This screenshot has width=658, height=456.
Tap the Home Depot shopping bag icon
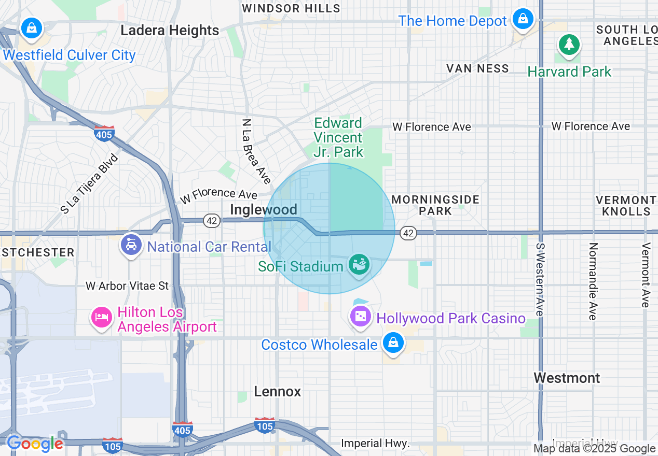tap(523, 19)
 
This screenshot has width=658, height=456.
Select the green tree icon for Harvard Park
tap(569, 44)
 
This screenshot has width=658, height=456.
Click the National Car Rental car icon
tap(131, 245)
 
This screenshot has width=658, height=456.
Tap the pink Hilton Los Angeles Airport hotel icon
tap(101, 317)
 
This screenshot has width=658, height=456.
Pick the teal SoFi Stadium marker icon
tap(359, 265)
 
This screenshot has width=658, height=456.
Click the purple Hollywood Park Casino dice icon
tap(361, 316)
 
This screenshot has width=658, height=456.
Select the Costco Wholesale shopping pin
tap(394, 343)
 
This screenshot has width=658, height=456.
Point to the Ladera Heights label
tap(170, 31)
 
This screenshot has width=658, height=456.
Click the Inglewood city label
tap(264, 209)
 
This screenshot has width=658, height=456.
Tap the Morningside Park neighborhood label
tap(435, 205)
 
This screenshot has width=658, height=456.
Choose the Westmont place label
tap(567, 378)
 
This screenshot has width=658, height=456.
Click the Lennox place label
tap(278, 391)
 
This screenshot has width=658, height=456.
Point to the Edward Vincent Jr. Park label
tap(338, 137)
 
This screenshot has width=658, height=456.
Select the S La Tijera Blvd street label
tap(89, 183)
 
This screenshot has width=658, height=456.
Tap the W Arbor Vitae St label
tap(127, 286)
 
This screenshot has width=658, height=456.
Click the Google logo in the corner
tap(34, 444)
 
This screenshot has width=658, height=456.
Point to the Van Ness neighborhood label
tap(478, 68)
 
